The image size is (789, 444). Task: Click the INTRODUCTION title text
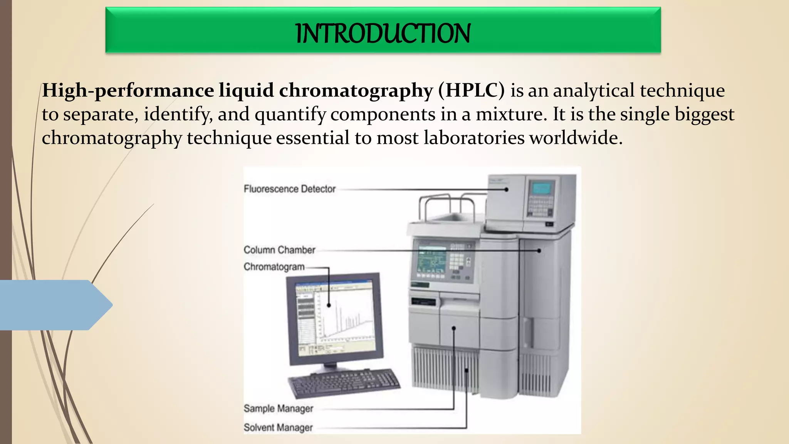tap(383, 34)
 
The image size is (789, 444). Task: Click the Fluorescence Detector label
tap(290, 189)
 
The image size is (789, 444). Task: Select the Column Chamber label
tap(279, 250)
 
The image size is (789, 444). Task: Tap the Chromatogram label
tap(274, 267)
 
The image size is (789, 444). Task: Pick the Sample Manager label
tap(278, 409)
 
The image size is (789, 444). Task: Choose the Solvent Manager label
tap(278, 427)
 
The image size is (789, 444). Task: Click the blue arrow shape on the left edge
tap(54, 305)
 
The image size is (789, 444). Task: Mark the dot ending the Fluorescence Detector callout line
tap(507, 190)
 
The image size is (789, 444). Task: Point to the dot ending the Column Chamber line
tap(539, 251)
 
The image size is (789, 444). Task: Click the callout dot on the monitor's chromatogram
tap(329, 305)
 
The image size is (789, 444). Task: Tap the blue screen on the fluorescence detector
tap(542, 188)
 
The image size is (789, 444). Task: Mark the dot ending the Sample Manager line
tap(454, 328)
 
